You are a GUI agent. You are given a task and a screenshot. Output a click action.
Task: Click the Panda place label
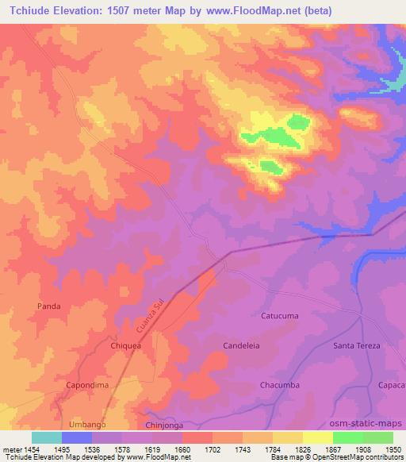(49, 306)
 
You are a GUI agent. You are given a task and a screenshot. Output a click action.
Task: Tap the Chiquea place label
(124, 347)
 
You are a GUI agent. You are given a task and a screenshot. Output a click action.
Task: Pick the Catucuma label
(280, 316)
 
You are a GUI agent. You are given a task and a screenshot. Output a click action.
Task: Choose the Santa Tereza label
(357, 346)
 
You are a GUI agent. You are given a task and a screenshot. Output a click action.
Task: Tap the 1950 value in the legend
(394, 449)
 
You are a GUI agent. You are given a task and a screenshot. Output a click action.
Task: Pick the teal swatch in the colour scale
(47, 437)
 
